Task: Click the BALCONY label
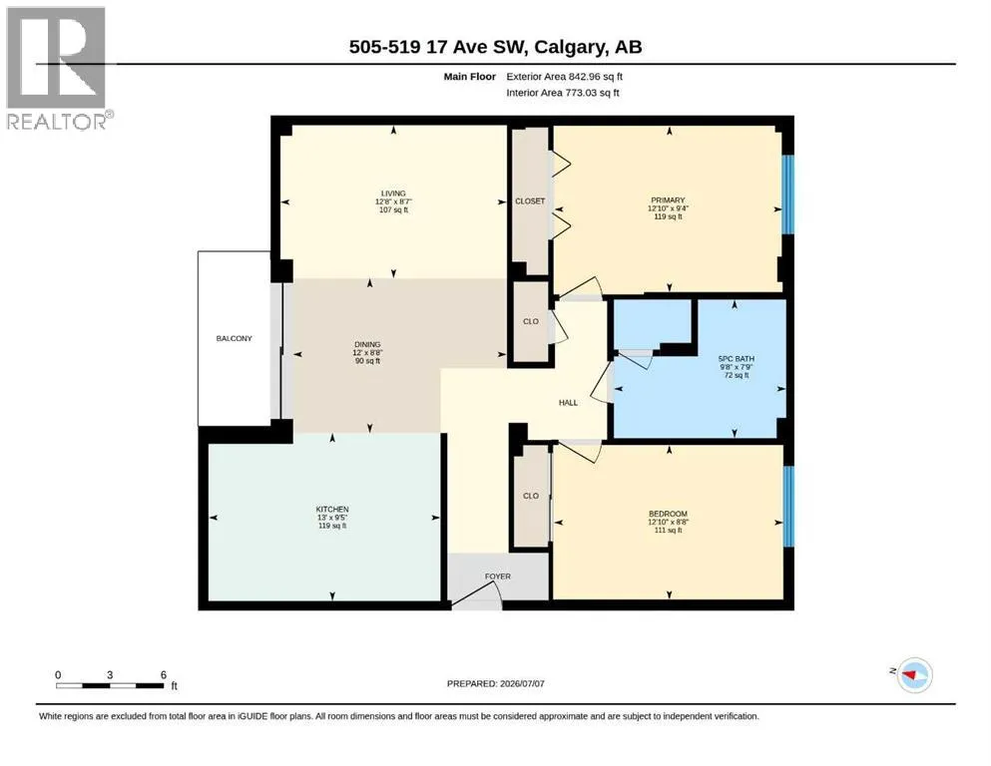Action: coord(234,338)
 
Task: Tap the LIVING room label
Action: coord(393,193)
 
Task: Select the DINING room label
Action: coord(367,345)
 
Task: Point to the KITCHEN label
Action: coord(332,509)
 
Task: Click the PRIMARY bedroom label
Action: coord(668,200)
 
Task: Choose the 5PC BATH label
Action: coord(737,359)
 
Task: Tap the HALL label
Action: coord(568,402)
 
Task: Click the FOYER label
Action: coord(498,576)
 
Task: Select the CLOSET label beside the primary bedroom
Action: coord(530,200)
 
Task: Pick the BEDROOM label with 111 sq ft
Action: coord(668,514)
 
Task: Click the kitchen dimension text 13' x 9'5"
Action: coord(332,518)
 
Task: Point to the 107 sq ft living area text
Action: coord(393,209)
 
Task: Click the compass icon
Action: coord(915,675)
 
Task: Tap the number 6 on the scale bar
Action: coord(163,675)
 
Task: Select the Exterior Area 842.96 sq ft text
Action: coord(565,77)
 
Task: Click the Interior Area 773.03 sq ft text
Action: coord(563,93)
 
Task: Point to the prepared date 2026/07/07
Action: coord(521,683)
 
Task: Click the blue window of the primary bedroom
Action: coord(788,194)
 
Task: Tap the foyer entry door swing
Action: coord(477,596)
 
